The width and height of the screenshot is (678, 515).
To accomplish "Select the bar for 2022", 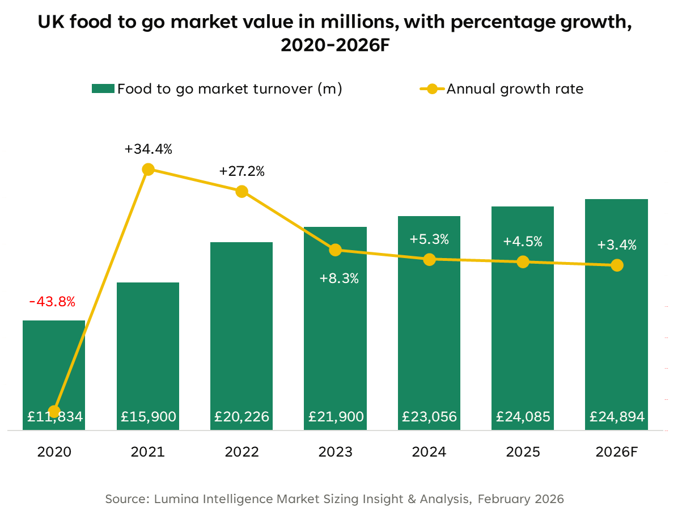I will (x=241, y=329).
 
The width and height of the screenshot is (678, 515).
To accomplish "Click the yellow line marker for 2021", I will (x=148, y=169).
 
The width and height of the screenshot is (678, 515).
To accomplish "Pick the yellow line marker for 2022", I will (x=241, y=191).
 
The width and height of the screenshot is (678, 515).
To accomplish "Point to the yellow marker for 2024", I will (x=429, y=259).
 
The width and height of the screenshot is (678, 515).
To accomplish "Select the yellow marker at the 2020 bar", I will (x=54, y=411).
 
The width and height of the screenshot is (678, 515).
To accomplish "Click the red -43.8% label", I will (x=52, y=302).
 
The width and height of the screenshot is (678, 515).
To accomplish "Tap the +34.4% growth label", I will (x=148, y=150).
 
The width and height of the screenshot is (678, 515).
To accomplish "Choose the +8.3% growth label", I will (x=339, y=278).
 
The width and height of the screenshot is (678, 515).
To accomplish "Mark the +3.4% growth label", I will (x=617, y=245).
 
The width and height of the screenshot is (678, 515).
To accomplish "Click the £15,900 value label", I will (x=149, y=417).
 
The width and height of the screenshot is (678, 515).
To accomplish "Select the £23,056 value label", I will (x=429, y=417).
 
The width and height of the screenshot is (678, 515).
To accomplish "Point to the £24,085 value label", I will (x=523, y=417).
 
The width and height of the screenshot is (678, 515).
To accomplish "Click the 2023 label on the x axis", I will (x=336, y=452).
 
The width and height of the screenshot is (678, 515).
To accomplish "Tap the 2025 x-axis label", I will (x=523, y=452).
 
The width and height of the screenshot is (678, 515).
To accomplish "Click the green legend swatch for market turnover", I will (x=103, y=88).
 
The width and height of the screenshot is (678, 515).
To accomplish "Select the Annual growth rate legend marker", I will (x=433, y=88).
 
